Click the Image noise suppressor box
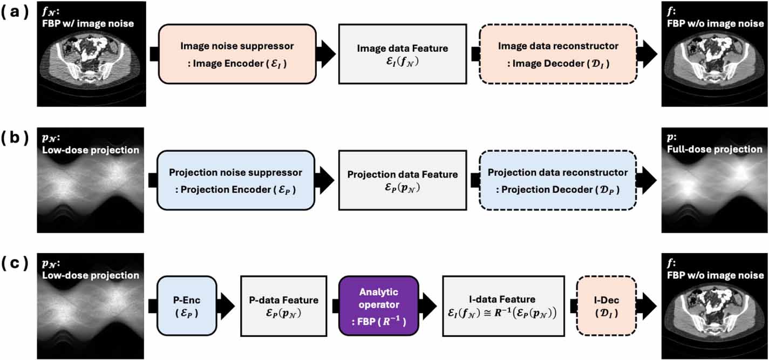click(236, 54)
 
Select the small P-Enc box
click(187, 305)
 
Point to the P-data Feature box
click(284, 305)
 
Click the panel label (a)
click(18, 12)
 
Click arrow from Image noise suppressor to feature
click(325, 54)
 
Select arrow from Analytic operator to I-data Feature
click(428, 305)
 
